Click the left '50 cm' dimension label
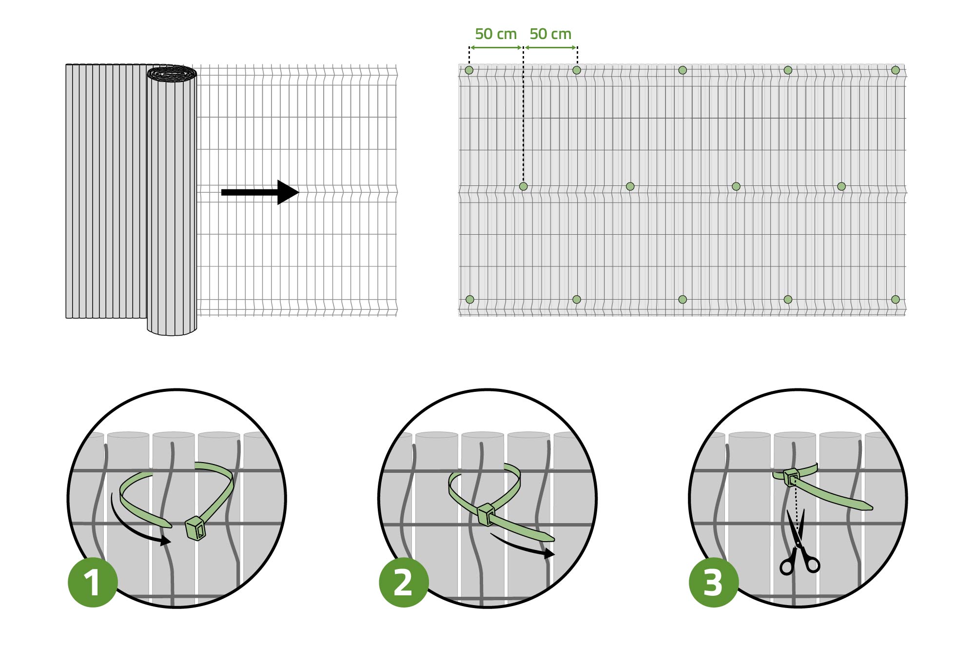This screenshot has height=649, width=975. [x=496, y=34]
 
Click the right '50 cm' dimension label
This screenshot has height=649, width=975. [x=550, y=34]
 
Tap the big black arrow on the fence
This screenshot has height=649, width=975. [x=260, y=192]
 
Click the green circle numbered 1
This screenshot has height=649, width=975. [x=93, y=582]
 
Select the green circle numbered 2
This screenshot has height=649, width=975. [x=404, y=582]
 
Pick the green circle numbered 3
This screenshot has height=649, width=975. [x=714, y=582]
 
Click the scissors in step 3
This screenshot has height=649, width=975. [x=799, y=543]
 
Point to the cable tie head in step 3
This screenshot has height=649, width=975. [x=791, y=477]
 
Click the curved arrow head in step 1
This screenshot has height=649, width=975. [x=166, y=541]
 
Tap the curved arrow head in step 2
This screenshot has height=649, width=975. [x=550, y=553]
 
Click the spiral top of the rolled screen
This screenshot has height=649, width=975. [x=172, y=74]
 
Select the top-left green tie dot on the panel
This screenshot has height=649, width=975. [x=469, y=70]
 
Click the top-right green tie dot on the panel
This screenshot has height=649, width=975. [x=896, y=70]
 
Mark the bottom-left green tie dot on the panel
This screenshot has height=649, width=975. [x=470, y=300]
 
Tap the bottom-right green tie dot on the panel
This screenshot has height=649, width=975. [x=896, y=300]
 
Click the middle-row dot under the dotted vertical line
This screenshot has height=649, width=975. [x=524, y=186]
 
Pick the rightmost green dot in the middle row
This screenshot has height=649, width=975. [x=841, y=186]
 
